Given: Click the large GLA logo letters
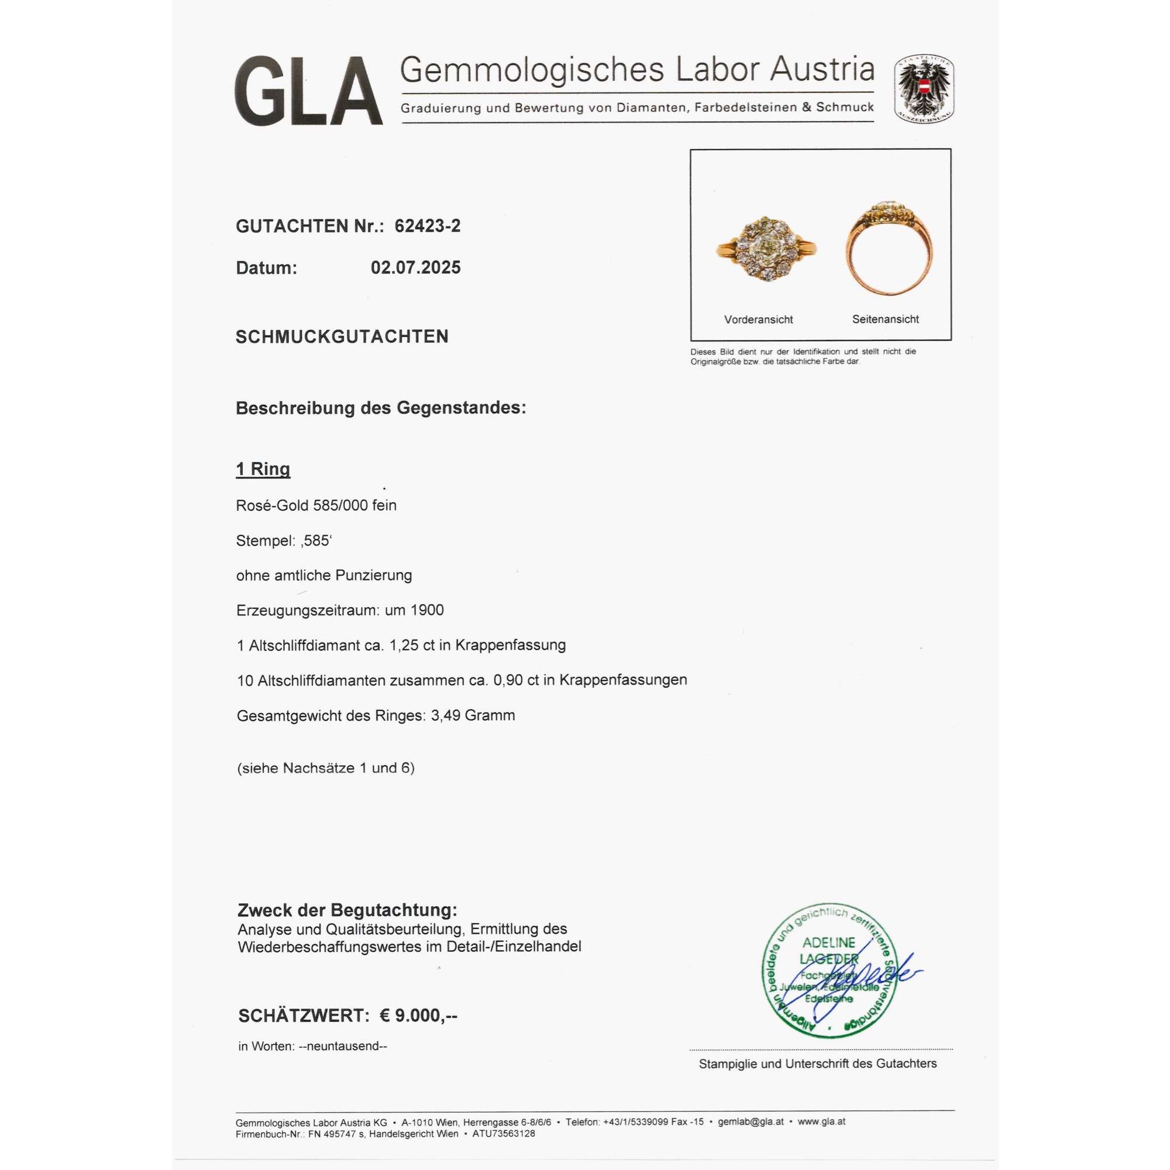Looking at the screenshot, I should [x=308, y=91].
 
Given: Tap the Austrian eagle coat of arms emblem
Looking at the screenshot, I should [x=924, y=89].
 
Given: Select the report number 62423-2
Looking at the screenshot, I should [x=428, y=226].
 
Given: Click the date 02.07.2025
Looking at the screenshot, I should [x=415, y=268].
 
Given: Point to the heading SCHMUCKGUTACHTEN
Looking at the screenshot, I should [x=342, y=337].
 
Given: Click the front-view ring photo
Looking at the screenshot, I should [x=767, y=249].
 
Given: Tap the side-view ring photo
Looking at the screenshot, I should [x=889, y=248].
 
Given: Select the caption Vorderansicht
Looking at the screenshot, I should [x=758, y=320].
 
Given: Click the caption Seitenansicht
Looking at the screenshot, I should [x=885, y=319].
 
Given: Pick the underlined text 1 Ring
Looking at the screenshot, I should [x=263, y=469].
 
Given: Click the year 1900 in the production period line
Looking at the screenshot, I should [x=427, y=610].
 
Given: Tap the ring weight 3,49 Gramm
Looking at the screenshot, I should [x=473, y=715].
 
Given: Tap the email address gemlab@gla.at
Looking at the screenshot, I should [x=751, y=1121].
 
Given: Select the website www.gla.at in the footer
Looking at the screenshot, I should [x=821, y=1121].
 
